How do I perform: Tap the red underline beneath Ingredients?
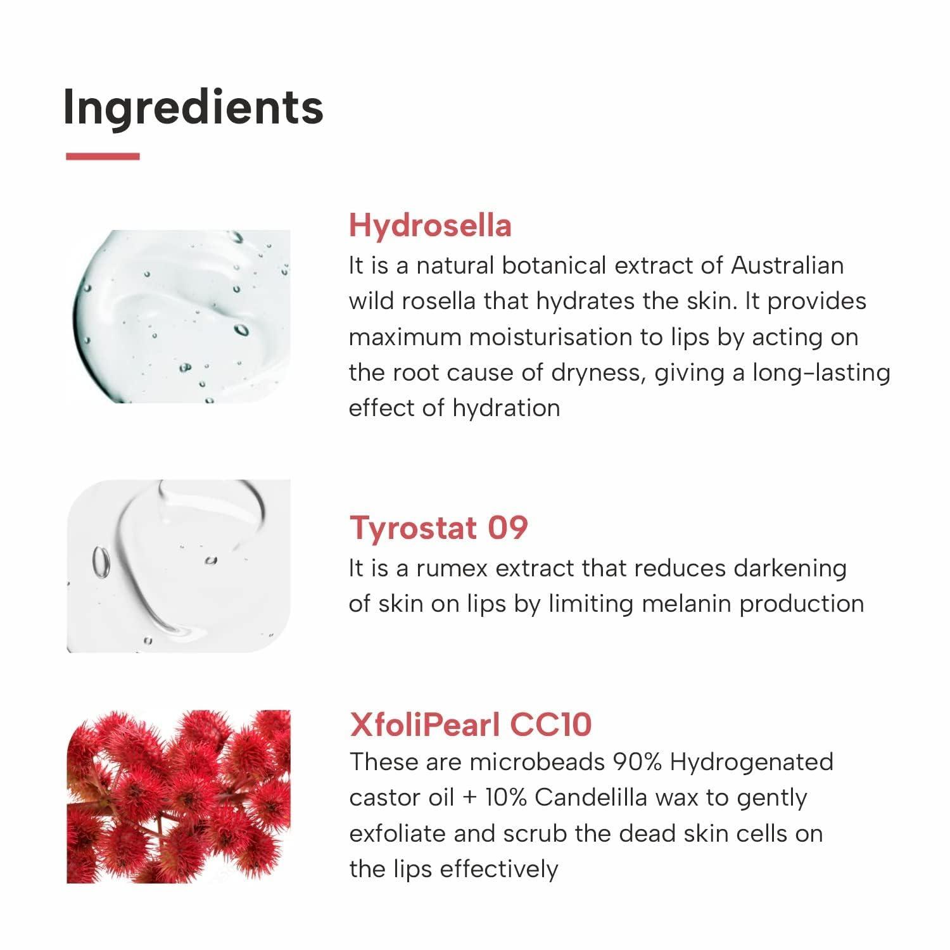coord(103,156)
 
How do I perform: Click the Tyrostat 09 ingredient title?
coord(438,528)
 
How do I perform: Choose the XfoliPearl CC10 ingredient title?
coord(471,724)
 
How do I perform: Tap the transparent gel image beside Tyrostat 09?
coord(179,566)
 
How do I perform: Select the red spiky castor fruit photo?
coord(179,797)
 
